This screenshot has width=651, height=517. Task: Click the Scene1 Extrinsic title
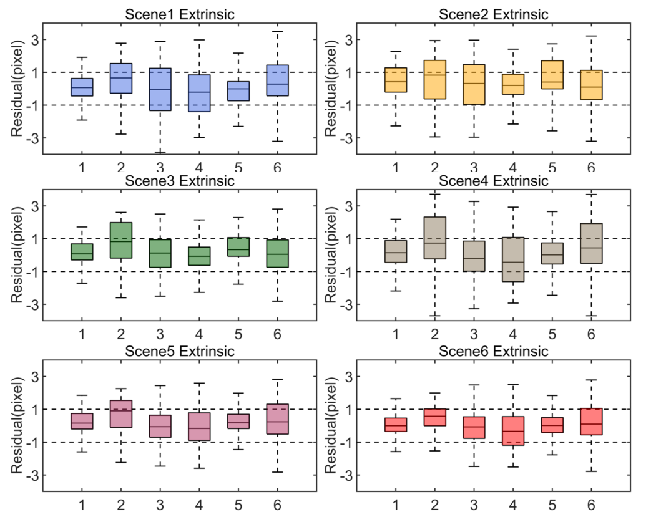tap(180, 14)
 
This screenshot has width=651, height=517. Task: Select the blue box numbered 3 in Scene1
tap(160, 89)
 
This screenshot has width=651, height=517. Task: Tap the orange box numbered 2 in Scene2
tap(434, 79)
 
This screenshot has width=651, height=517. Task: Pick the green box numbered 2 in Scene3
tap(121, 240)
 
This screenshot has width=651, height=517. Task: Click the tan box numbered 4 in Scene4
tap(513, 259)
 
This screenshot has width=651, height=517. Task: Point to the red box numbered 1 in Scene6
tap(395, 425)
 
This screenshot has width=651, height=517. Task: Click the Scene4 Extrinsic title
tap(494, 181)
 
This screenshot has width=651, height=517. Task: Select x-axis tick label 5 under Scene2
tap(552, 168)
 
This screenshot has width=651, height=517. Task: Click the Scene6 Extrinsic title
tap(494, 352)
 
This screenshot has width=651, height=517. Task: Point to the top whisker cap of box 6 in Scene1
tap(278, 31)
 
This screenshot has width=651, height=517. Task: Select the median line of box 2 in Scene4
tap(434, 243)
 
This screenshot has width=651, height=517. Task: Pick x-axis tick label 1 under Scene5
tap(82, 504)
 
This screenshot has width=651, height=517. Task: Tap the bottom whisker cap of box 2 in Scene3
tap(121, 297)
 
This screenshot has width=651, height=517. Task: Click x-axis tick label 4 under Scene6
tap(513, 504)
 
